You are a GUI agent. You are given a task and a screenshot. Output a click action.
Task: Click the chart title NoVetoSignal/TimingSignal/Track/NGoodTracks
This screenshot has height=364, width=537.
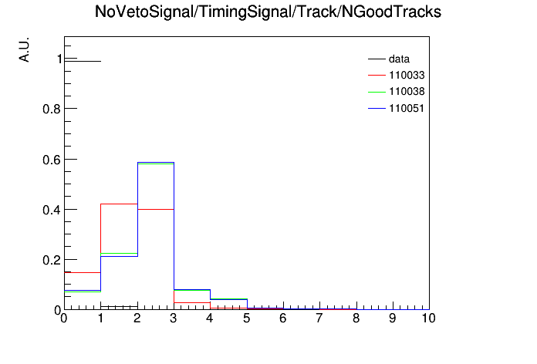click(268, 12)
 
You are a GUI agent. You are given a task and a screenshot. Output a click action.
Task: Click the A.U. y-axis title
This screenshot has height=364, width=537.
click(25, 49)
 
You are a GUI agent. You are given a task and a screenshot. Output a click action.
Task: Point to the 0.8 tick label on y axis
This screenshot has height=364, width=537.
click(52, 110)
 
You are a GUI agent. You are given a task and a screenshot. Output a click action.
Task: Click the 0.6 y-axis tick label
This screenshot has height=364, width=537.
click(52, 160)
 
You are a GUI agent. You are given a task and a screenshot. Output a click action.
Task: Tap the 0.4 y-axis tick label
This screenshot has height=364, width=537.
click(52, 210)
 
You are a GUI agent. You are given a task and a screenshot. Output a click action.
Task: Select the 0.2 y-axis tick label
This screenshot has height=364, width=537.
click(52, 260)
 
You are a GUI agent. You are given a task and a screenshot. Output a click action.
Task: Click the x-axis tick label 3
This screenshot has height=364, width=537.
click(174, 318)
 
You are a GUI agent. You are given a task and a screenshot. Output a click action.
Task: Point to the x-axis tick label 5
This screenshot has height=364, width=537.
click(247, 318)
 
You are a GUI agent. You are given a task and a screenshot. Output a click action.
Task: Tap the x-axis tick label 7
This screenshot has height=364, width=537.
click(319, 318)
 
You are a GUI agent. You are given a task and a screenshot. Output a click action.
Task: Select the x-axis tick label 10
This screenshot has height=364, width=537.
click(428, 318)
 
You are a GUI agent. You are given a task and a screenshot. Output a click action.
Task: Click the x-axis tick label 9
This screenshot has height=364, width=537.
click(393, 318)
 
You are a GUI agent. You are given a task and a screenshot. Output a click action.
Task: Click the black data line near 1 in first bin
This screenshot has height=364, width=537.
click(83, 61)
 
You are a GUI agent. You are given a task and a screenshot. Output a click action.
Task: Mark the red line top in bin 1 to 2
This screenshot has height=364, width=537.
click(119, 204)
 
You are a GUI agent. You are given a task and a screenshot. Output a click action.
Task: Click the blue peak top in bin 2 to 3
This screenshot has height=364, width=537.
click(156, 162)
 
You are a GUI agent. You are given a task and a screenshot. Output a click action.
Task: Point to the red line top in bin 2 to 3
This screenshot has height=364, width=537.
click(156, 209)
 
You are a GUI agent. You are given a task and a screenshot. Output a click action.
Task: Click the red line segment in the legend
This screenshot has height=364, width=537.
click(377, 76)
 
